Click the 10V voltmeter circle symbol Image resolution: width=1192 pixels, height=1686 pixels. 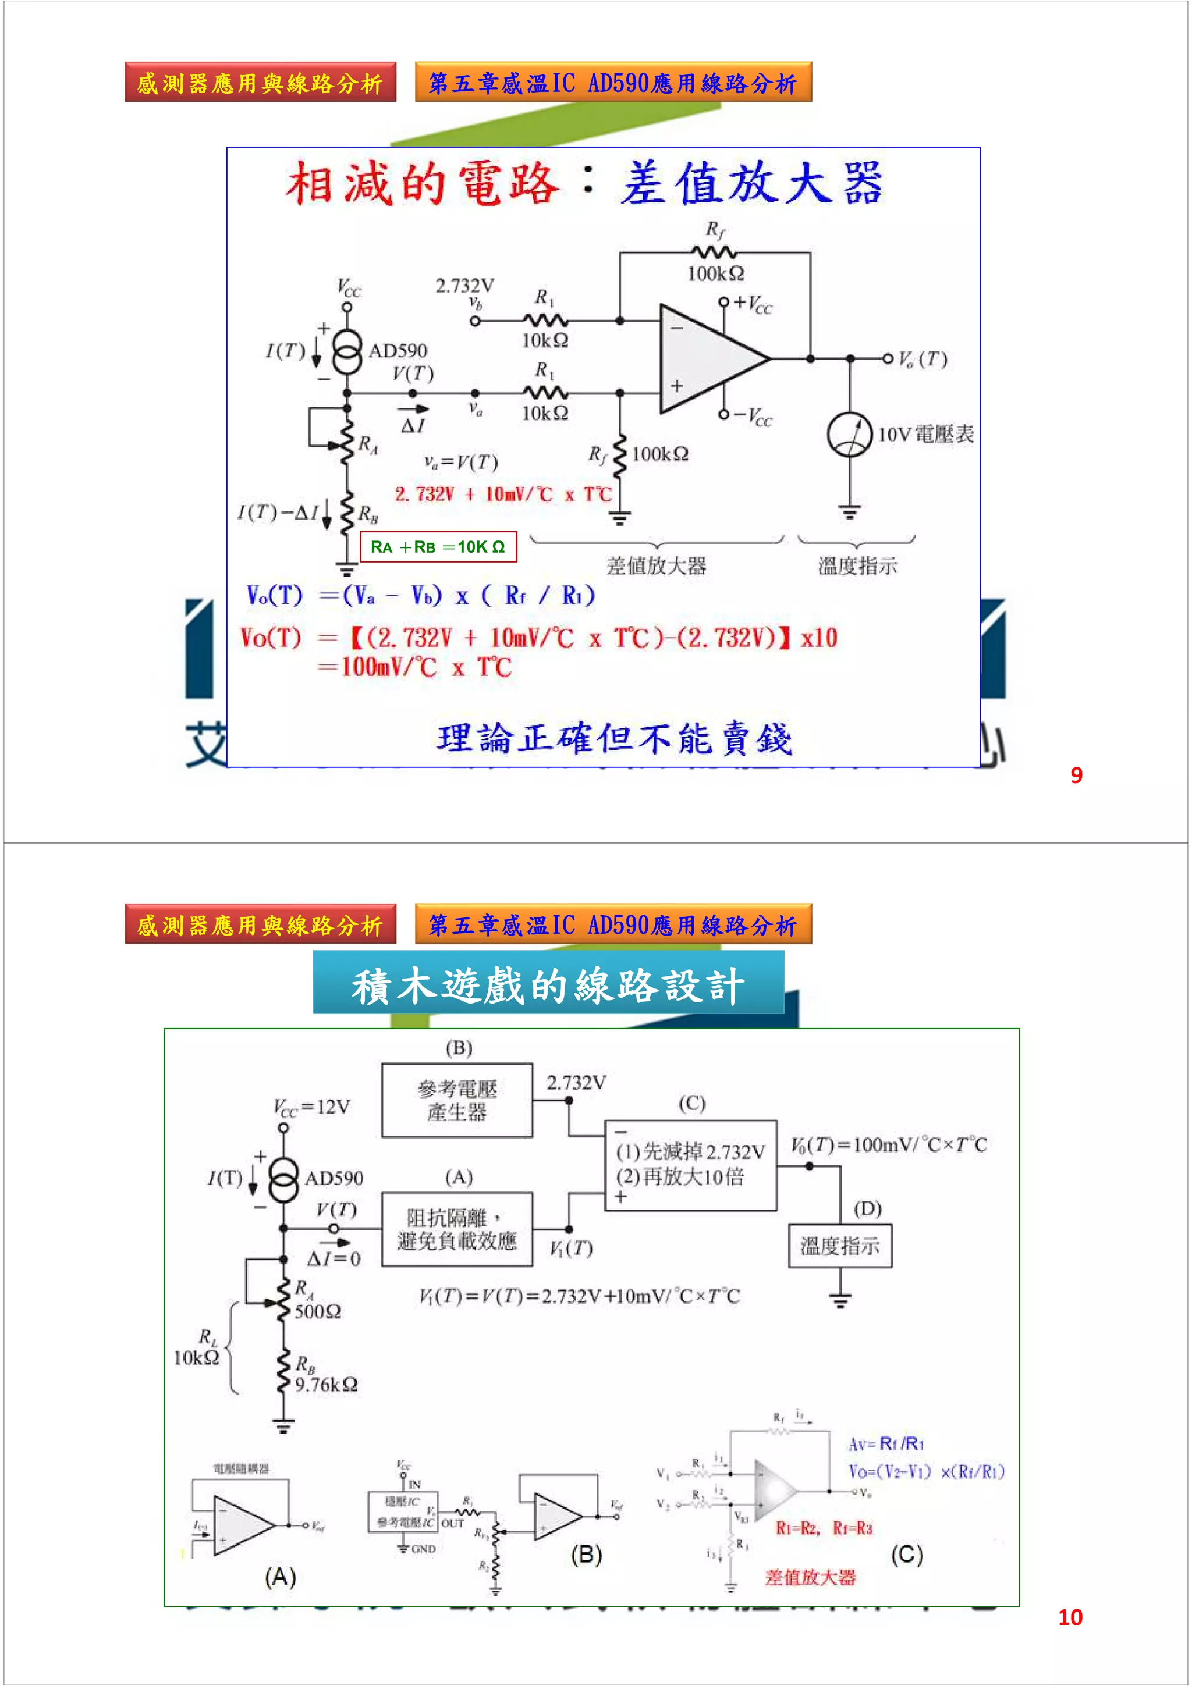pos(849,435)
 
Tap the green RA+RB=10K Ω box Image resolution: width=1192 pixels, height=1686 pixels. pos(438,547)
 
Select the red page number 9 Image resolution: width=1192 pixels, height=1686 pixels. pos(1076,776)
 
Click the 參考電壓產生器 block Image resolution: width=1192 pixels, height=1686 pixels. pos(457,1100)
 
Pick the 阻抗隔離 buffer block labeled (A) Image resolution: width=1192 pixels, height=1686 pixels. pos(457,1229)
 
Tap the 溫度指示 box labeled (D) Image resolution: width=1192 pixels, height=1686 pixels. pos(840,1246)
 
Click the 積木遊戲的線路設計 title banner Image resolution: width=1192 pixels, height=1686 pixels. pos(548,984)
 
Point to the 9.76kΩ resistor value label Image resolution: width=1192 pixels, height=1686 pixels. pos(326,1385)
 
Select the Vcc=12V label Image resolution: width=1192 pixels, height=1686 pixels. pos(311,1107)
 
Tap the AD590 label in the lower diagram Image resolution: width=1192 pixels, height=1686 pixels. pos(334,1179)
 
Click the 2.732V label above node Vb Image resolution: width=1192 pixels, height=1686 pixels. pos(465,286)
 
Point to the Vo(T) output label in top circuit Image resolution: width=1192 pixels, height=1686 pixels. pos(923,359)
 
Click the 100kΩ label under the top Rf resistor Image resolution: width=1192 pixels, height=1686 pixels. pos(715,274)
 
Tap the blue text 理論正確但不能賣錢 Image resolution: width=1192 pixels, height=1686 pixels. pos(614,739)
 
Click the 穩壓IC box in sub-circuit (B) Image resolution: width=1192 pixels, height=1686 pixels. pos(402,1501)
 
